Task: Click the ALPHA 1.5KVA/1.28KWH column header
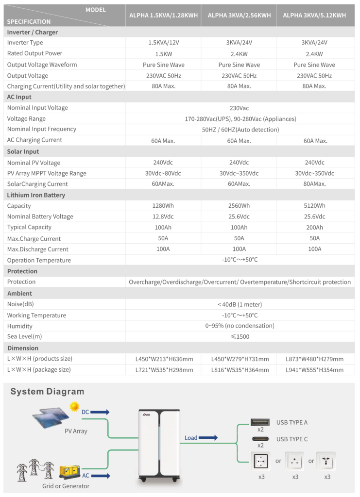tap(163, 16)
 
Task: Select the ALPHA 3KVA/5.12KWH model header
tap(314, 16)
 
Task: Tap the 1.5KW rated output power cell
tap(163, 54)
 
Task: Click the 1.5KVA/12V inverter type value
tap(163, 43)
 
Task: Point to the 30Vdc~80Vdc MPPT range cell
tap(163, 173)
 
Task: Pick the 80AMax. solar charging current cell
tap(314, 184)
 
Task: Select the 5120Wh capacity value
tap(314, 206)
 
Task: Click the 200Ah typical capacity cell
tap(314, 228)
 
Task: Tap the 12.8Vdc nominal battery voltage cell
tap(163, 217)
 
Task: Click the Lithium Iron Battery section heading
tap(36, 195)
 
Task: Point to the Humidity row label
tap(20, 326)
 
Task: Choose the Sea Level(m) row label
tap(24, 337)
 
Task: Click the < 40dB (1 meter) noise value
tap(240, 304)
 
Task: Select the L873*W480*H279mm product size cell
tap(314, 359)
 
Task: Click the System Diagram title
tap(47, 392)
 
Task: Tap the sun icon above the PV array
tap(74, 406)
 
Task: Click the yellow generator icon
tap(69, 471)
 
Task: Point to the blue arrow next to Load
tap(208, 438)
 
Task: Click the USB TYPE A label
tap(291, 423)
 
